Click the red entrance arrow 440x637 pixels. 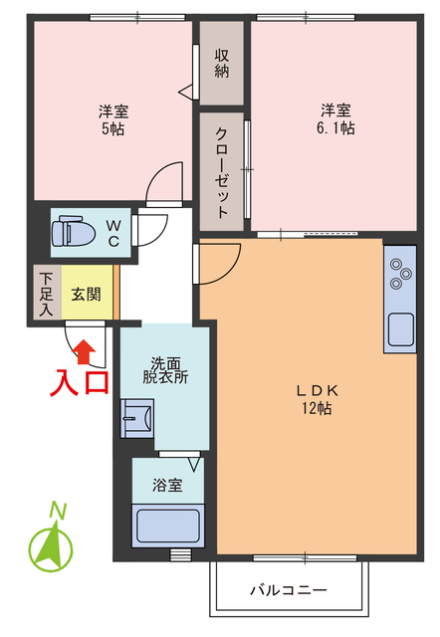click(x=86, y=349)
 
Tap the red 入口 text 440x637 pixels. click(x=81, y=383)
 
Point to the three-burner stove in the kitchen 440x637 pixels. click(x=400, y=274)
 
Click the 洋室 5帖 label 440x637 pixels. click(x=111, y=117)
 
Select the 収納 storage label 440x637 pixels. click(x=221, y=63)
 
